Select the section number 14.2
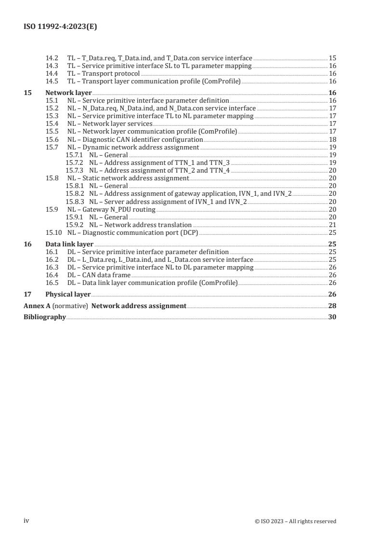[x=52, y=58]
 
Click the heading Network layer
[x=68, y=93]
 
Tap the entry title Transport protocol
[x=111, y=73]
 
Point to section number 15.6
[x=52, y=139]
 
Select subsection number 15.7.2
[x=74, y=162]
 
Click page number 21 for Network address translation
[x=332, y=225]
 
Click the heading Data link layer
[x=69, y=244]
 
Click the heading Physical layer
[x=68, y=294]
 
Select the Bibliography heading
[x=45, y=317]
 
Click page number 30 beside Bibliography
[x=332, y=317]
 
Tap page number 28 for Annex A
[x=332, y=306]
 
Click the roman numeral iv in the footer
[x=26, y=520]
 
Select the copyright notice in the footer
[x=295, y=521]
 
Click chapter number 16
[x=27, y=244]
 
